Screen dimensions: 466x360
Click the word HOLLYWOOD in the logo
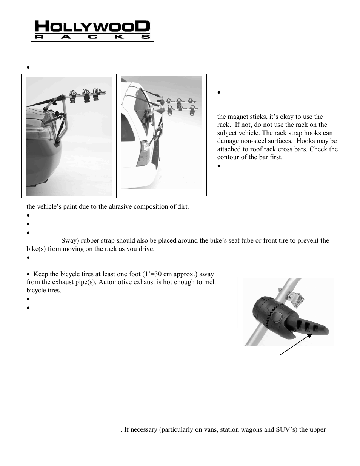(x=92, y=26)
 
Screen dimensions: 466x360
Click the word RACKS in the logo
(x=92, y=37)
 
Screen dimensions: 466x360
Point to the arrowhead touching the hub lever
(x=310, y=335)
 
